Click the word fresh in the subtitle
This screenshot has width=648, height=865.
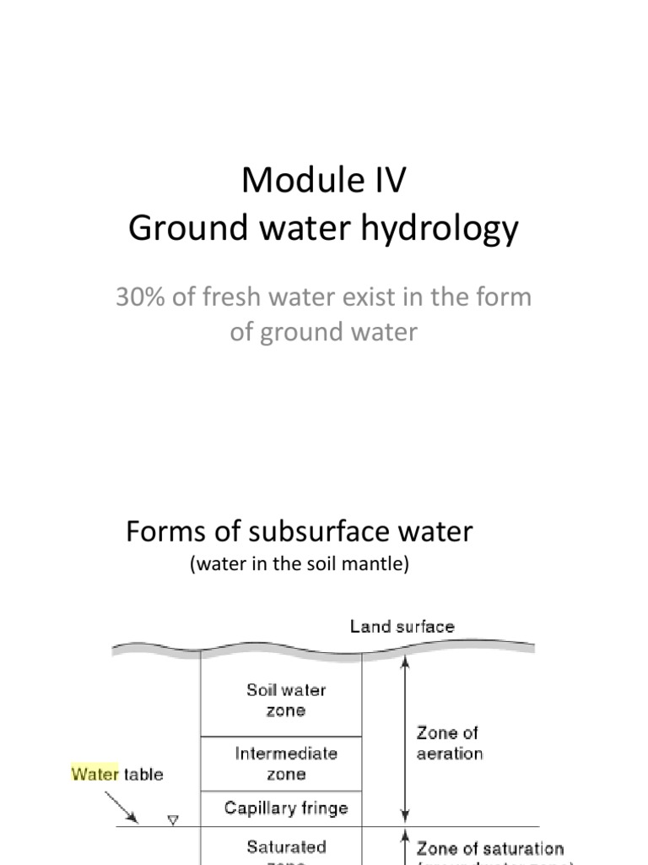[x=225, y=297]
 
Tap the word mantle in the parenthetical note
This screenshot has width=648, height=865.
[x=378, y=565]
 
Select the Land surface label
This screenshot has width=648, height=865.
[x=402, y=627]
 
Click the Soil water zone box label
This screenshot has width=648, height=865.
[x=286, y=700]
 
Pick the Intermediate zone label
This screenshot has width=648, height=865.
[x=286, y=763]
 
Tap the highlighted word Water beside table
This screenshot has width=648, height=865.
[x=95, y=773]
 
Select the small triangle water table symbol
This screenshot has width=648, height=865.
[x=173, y=819]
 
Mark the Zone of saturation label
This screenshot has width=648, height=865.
[x=490, y=848]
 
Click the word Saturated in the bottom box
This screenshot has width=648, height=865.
[x=286, y=846]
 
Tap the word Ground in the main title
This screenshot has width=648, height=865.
[x=173, y=230]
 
